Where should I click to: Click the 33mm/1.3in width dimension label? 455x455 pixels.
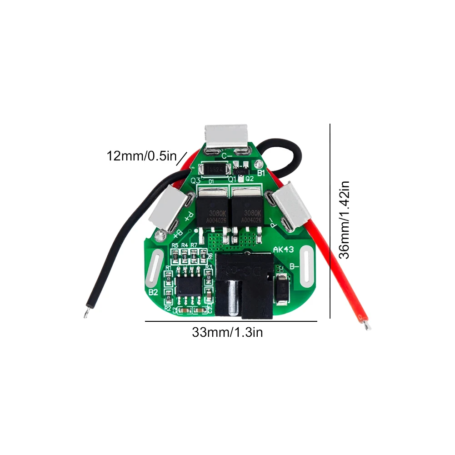click(x=227, y=332)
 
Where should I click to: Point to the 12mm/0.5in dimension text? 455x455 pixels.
click(x=141, y=156)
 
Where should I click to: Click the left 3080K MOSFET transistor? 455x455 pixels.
click(x=212, y=210)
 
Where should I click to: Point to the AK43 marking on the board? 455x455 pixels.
click(x=283, y=250)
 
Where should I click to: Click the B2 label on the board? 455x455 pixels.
click(x=153, y=291)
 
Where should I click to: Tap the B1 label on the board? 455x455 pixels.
click(x=261, y=173)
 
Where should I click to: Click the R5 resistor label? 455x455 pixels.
click(x=175, y=246)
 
